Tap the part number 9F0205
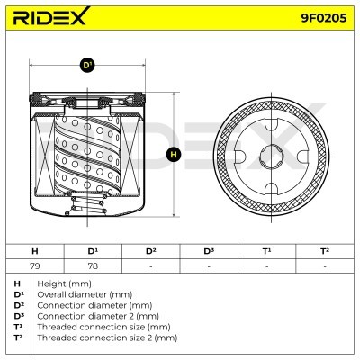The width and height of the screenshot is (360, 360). point(324,18)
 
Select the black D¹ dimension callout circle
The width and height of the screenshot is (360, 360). point(87,65)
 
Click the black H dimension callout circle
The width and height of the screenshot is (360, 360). point(174,155)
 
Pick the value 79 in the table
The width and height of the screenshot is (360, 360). point(35,265)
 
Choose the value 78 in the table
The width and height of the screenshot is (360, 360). point(93,265)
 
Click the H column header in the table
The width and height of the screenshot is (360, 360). point(35,251)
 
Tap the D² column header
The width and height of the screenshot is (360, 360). point(150,251)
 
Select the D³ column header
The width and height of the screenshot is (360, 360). point(209,251)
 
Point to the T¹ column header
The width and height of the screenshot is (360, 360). point(266,251)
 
